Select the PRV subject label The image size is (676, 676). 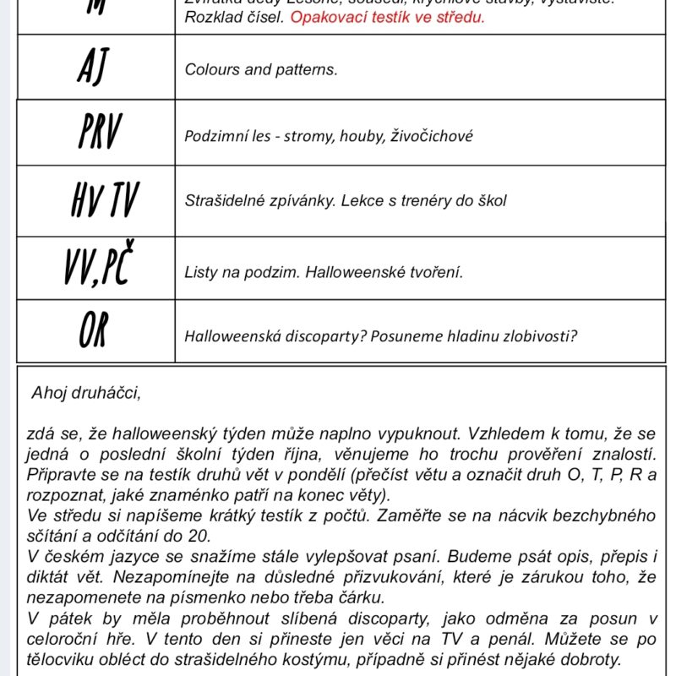tap(99, 133)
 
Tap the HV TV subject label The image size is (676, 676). tap(103, 201)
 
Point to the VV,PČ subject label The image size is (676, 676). tap(98, 269)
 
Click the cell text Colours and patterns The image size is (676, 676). tap(260, 69)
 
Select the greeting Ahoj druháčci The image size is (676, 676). tap(86, 393)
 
